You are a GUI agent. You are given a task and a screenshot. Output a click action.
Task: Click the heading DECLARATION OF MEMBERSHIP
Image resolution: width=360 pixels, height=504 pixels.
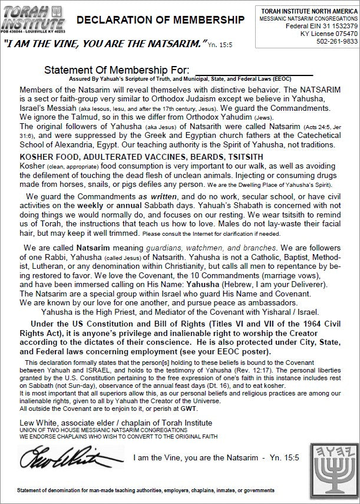160,21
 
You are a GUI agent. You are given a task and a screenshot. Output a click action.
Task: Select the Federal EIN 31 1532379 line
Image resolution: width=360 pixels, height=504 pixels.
318,27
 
